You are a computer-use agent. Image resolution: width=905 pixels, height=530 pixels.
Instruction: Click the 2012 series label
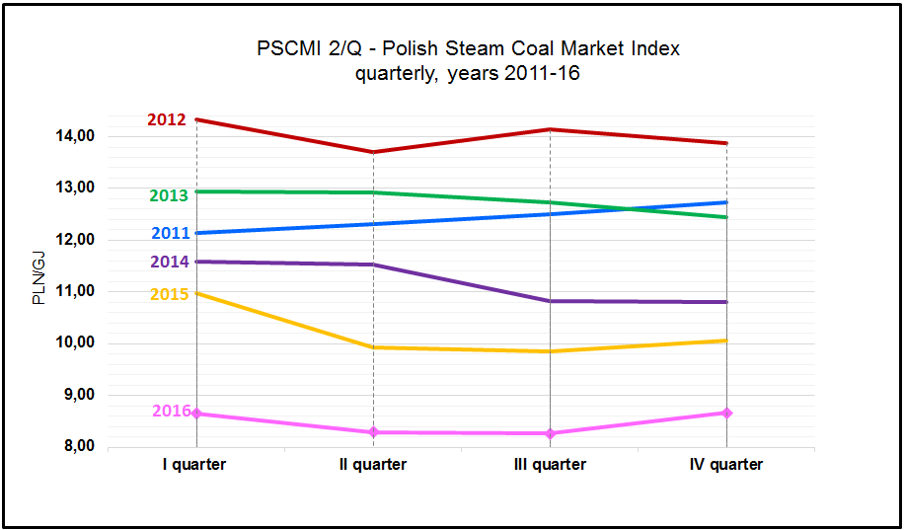click(x=167, y=120)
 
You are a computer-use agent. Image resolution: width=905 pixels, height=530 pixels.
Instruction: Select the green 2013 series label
click(x=169, y=195)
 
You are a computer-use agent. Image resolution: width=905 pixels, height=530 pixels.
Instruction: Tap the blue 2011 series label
click(x=170, y=234)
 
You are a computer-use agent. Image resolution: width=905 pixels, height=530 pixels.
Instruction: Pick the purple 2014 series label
click(x=169, y=263)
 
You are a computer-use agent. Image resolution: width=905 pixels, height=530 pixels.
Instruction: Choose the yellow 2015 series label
click(x=169, y=294)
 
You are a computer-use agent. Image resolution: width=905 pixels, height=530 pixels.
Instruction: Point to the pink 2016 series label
click(x=172, y=411)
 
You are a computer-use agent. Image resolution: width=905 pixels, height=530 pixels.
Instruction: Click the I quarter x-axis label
click(x=195, y=464)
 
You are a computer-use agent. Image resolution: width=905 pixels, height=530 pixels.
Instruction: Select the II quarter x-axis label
click(x=373, y=464)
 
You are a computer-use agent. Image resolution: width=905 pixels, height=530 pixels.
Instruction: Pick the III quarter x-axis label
click(x=550, y=464)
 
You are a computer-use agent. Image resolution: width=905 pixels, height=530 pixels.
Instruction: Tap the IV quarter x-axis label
click(x=726, y=464)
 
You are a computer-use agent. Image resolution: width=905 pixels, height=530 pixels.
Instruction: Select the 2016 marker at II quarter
click(x=374, y=432)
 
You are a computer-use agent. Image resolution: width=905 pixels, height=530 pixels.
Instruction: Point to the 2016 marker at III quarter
click(x=550, y=433)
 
